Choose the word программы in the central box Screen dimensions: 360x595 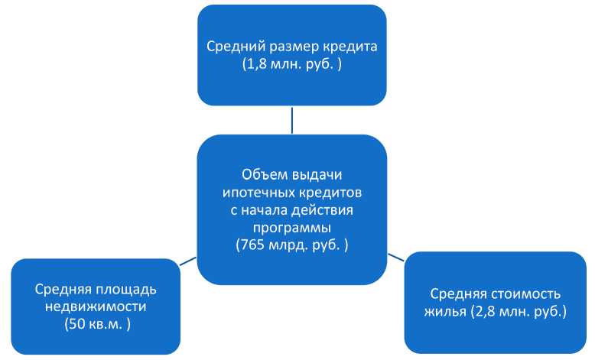point(292,227)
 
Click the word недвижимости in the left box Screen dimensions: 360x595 point(96,306)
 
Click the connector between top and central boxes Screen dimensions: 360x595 point(292,120)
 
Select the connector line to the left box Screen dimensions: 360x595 point(188,262)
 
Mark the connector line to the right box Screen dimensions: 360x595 point(395,257)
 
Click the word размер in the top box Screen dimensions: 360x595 point(290,47)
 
